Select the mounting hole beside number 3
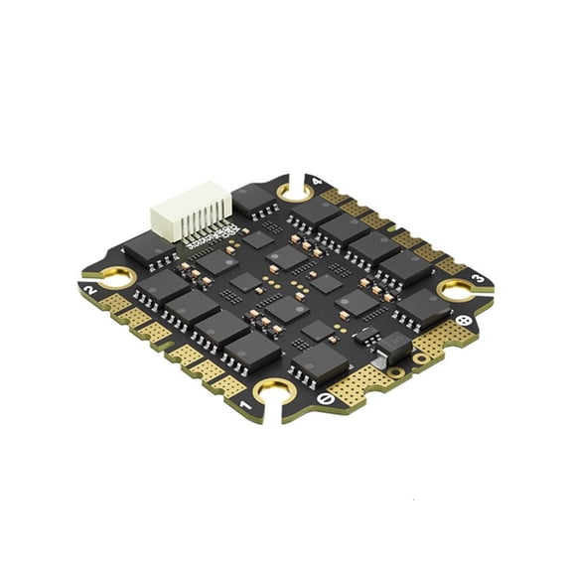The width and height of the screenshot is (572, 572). (x=458, y=290)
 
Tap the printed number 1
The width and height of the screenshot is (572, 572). (x=244, y=403)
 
